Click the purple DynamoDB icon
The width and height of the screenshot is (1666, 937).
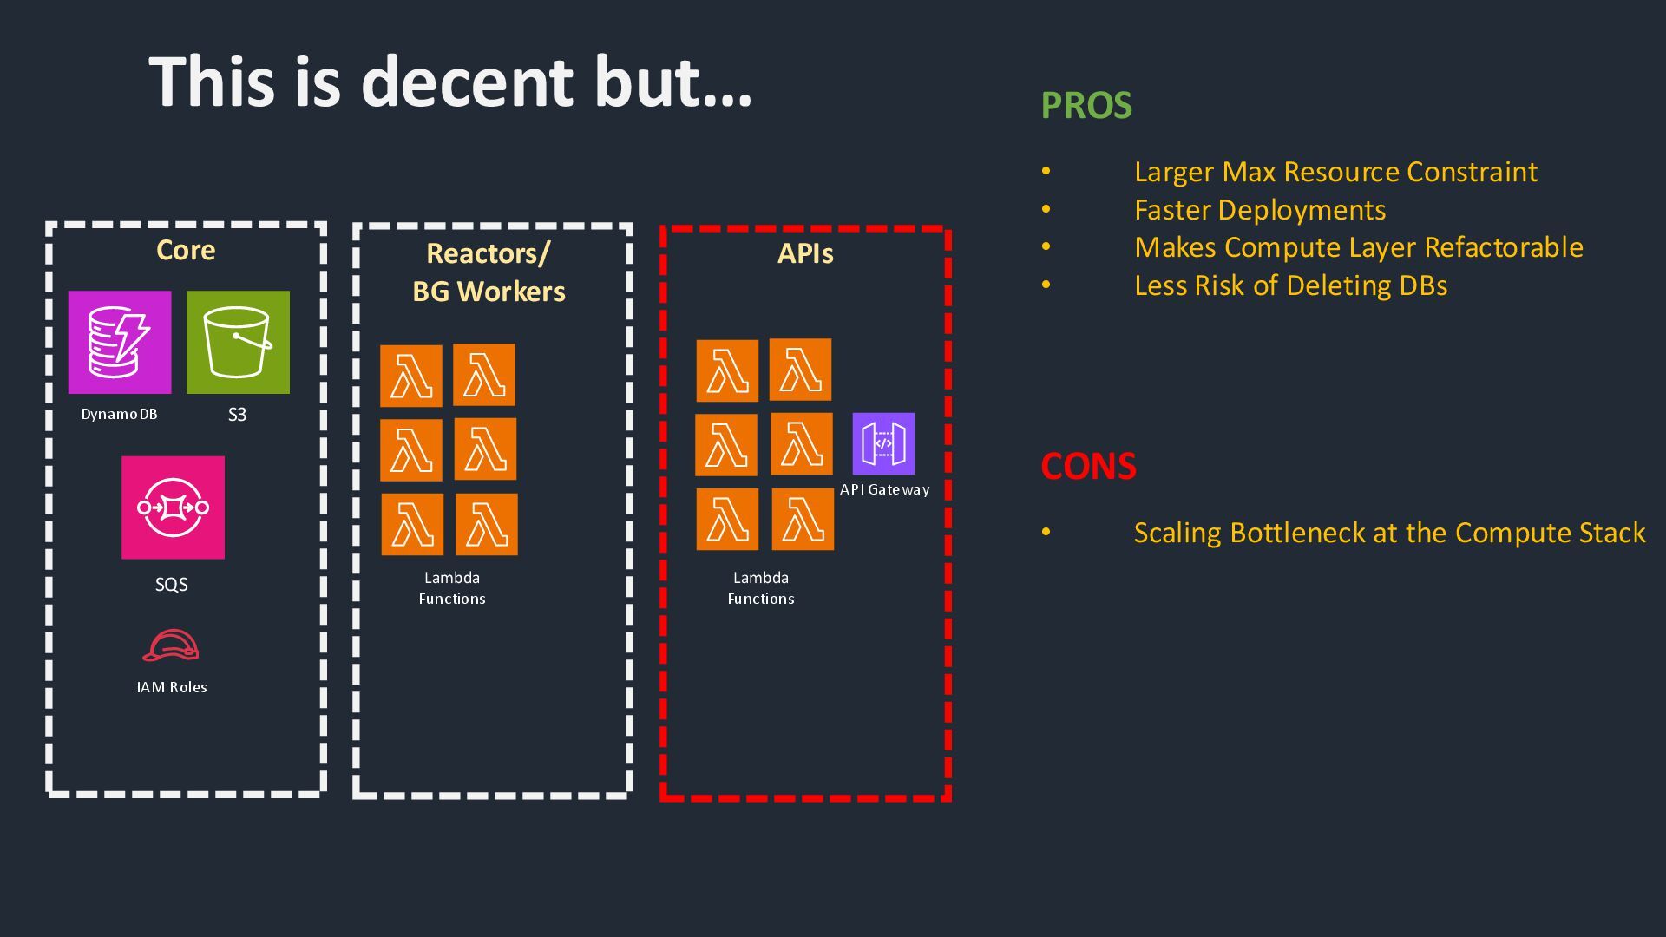[120, 343]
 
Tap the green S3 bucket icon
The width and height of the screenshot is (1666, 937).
[238, 343]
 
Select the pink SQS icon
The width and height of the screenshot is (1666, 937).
[173, 508]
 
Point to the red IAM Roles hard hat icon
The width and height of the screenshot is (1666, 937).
[171, 646]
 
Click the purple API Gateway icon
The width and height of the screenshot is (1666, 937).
[883, 443]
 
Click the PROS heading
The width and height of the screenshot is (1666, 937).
[1086, 106]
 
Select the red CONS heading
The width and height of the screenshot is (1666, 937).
[1088, 467]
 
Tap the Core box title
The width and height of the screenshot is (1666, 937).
[186, 251]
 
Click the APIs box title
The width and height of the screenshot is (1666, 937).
[805, 254]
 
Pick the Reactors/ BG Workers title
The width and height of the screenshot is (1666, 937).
[489, 272]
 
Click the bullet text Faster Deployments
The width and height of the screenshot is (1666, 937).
[1260, 210]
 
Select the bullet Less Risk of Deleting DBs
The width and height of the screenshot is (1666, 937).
[1290, 285]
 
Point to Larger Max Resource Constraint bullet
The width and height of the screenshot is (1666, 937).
[1335, 172]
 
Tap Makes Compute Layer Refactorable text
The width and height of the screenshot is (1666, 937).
[1358, 247]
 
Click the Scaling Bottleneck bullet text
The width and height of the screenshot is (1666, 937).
[1389, 533]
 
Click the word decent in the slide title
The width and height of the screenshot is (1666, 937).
[467, 82]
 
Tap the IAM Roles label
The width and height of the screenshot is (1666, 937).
[172, 687]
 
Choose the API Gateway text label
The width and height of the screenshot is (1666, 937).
[884, 489]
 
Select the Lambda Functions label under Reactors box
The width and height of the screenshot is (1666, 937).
[452, 588]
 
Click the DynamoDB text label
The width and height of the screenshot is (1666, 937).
[120, 415]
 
